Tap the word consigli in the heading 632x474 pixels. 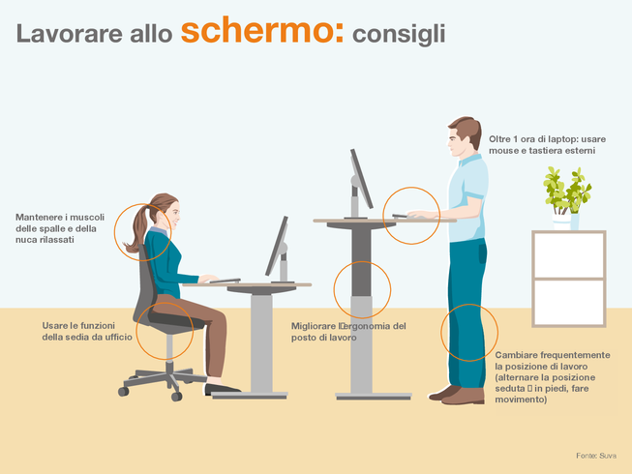pos(399,34)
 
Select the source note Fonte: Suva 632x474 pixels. pos(596,456)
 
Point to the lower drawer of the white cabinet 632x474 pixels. pos(569,302)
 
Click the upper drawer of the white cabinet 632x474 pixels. pos(569,255)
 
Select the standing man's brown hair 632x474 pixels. pos(468,129)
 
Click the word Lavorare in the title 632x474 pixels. pos(69,34)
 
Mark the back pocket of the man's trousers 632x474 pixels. pos(482,252)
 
